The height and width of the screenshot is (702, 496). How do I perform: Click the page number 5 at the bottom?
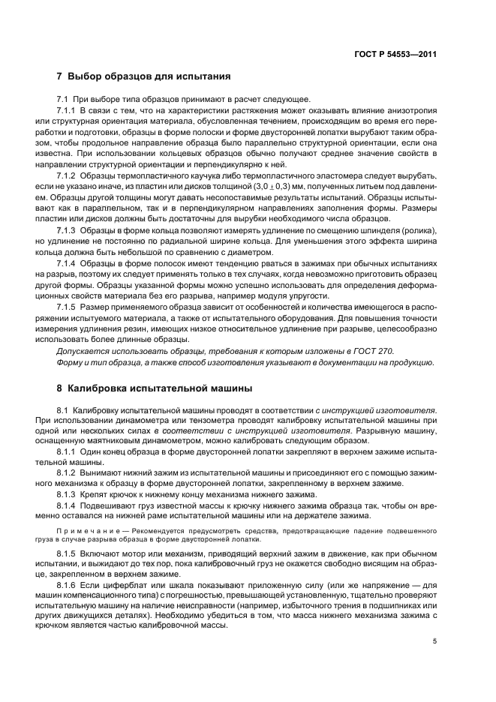(x=434, y=641)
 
